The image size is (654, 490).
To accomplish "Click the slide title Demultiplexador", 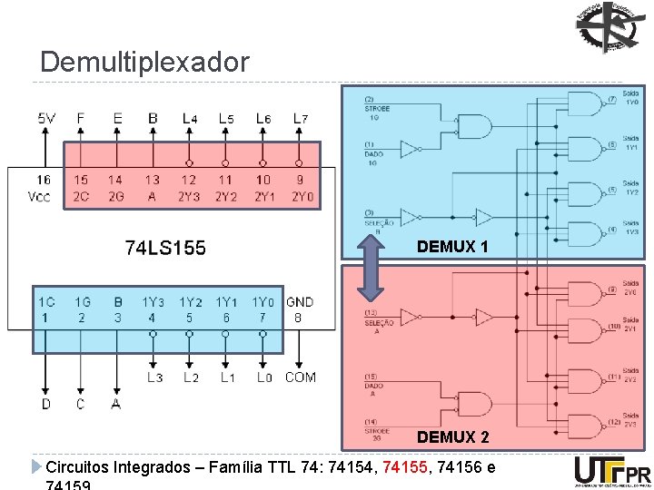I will (144, 62).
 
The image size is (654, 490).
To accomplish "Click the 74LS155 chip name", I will (165, 247).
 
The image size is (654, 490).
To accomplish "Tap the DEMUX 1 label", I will (452, 247).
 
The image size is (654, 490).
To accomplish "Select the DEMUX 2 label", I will (452, 437).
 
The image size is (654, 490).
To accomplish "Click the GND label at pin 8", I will (300, 301).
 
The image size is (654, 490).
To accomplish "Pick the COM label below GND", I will (300, 377).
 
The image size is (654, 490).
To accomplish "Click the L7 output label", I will (301, 118).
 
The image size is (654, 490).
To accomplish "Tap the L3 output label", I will (154, 377).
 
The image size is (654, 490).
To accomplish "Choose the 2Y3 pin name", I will (188, 196).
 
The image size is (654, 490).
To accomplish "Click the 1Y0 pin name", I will (263, 301).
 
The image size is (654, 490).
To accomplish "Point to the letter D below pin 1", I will (46, 403).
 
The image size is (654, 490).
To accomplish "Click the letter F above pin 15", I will (81, 118).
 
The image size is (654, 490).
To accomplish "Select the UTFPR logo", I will (612, 472).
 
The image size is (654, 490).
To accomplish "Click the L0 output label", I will (263, 377).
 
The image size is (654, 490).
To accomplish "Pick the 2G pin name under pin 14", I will (114, 196).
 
